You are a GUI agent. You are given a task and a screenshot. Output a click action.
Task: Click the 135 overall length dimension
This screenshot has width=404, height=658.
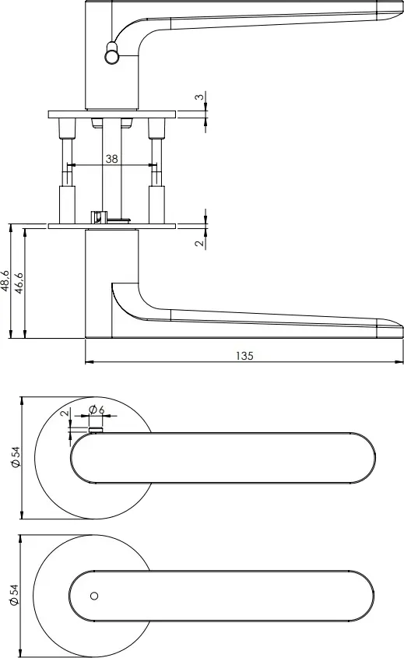coord(244,355)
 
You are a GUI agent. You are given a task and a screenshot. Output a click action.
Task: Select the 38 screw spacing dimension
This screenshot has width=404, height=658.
coord(111,158)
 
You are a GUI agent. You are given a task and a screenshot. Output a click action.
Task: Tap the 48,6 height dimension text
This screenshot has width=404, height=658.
coord(6,281)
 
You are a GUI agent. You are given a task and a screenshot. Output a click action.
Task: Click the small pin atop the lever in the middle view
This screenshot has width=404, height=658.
coord(97,428)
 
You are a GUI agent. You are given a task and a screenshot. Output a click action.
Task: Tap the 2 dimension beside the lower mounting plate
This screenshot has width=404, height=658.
coord(199,243)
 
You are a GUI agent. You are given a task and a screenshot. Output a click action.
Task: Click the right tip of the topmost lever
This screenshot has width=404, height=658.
coord(399,11)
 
